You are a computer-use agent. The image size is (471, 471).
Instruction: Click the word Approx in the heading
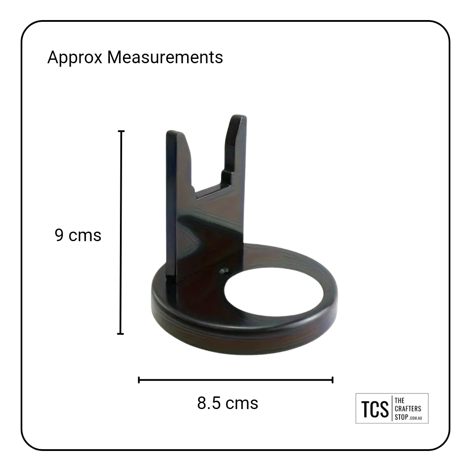tap(75, 58)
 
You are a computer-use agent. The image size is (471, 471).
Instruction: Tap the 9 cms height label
tap(78, 235)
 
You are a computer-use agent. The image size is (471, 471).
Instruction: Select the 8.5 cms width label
tap(227, 403)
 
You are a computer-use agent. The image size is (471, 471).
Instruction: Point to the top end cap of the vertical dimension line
tap(121, 131)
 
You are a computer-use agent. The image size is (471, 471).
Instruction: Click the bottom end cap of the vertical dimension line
tap(120, 334)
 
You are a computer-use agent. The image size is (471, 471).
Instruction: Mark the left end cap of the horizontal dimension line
tap(139, 380)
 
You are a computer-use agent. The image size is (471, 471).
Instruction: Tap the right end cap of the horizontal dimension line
tap(332, 380)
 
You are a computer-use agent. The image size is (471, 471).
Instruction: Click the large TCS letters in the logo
tap(375, 409)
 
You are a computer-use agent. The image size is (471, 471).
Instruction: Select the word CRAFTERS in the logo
tap(408, 409)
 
